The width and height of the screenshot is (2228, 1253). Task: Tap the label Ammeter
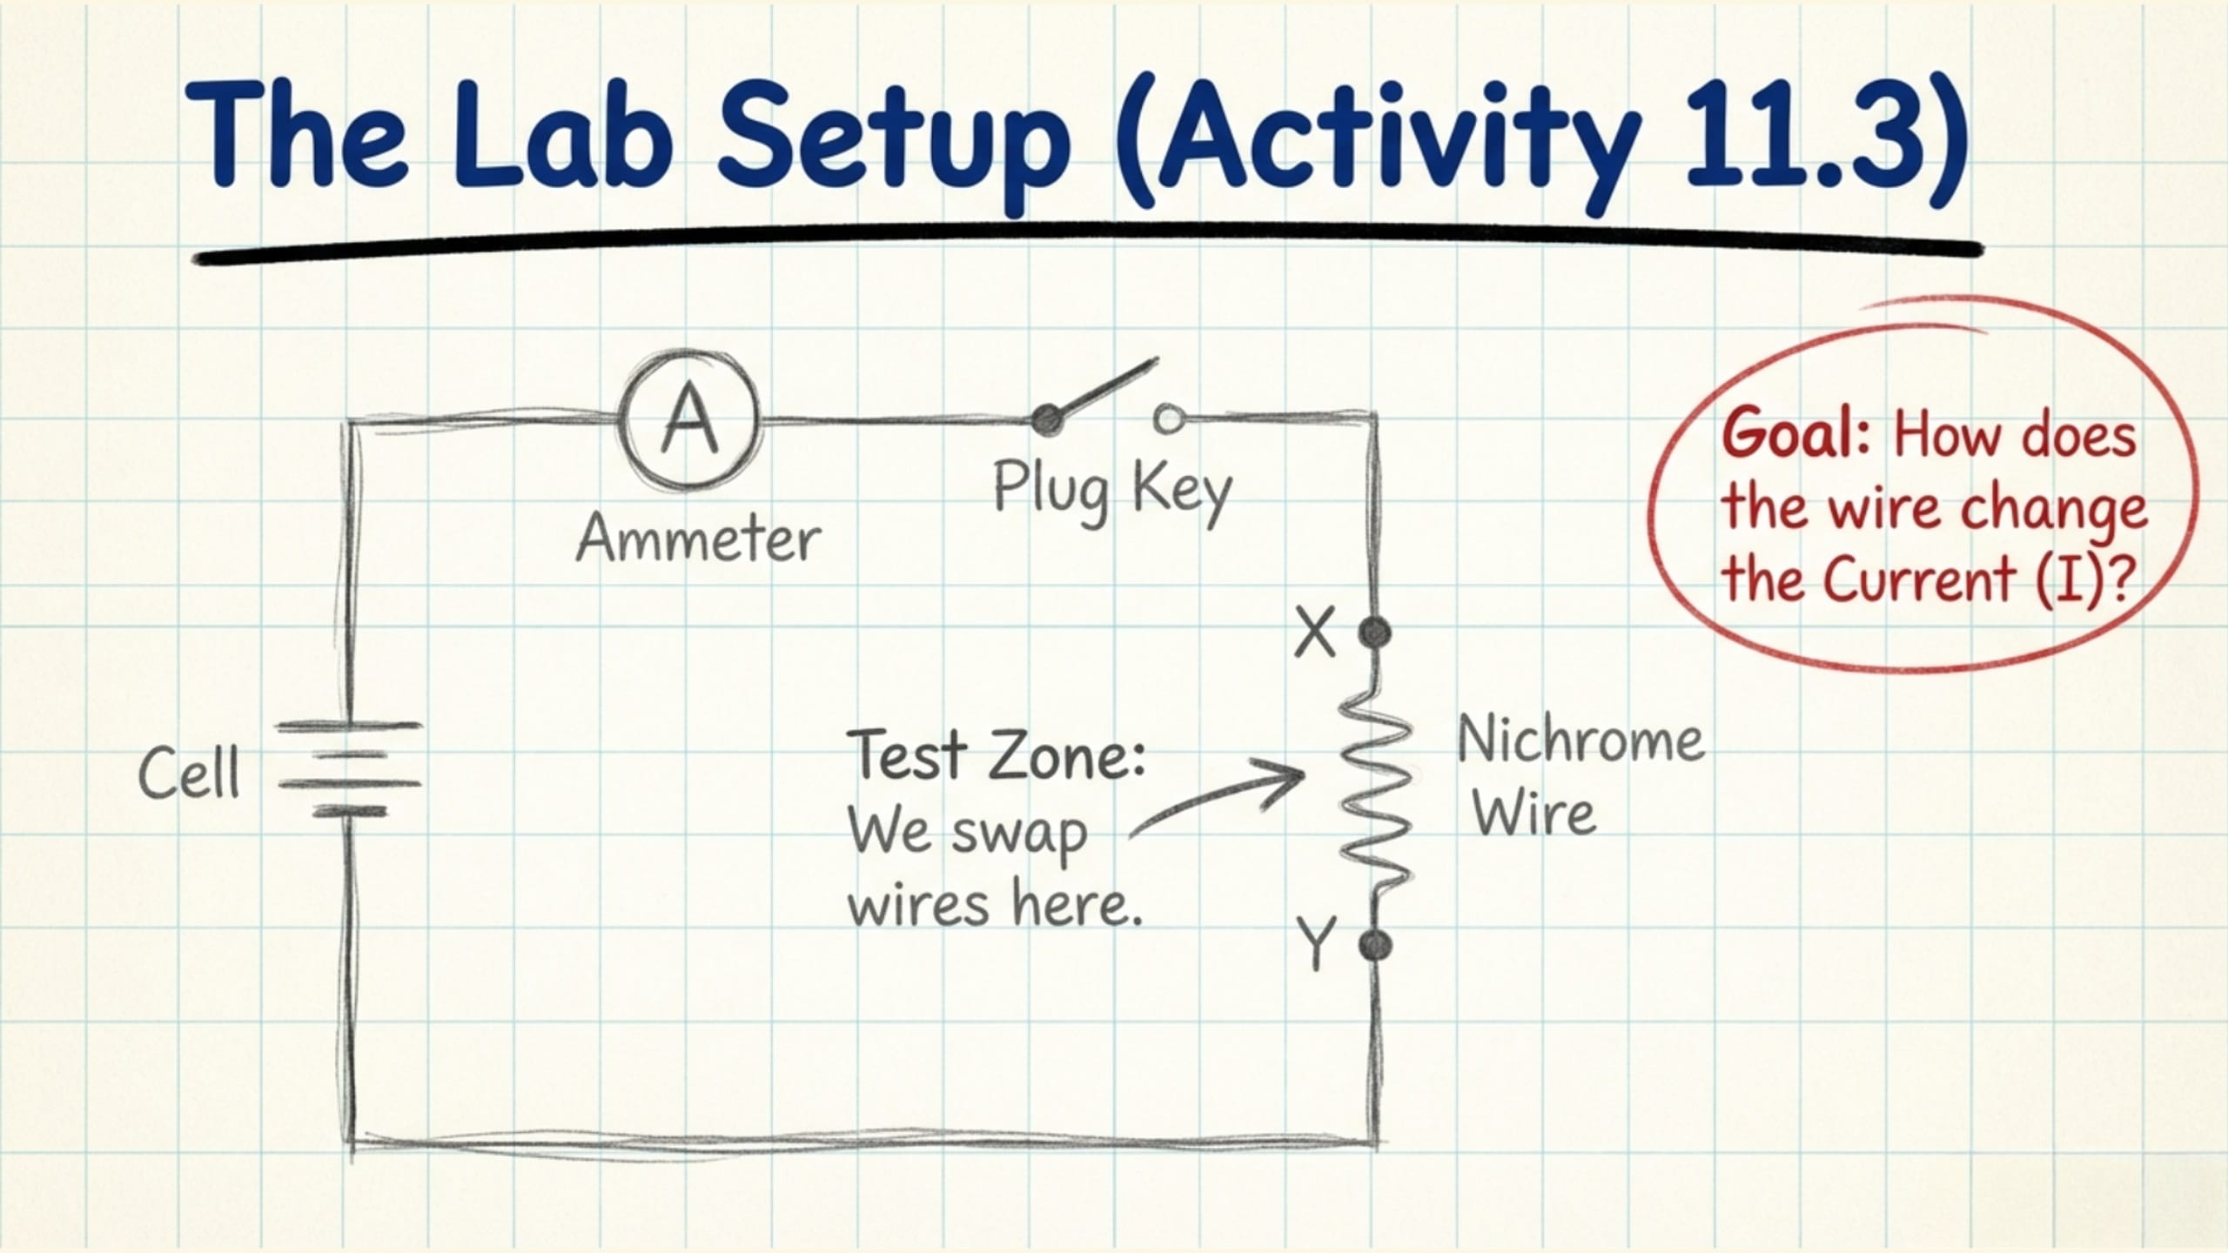[x=698, y=539]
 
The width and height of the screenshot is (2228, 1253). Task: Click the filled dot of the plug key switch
[x=1047, y=420]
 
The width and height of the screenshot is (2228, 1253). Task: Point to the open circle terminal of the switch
[x=1168, y=419]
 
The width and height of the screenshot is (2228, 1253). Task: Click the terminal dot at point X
[x=1374, y=633]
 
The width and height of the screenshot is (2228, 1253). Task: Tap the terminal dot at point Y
[x=1374, y=944]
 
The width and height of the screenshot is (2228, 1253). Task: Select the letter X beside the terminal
[x=1314, y=633]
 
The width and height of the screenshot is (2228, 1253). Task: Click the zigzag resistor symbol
[x=1376, y=787]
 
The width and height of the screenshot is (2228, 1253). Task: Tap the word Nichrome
[x=1580, y=740]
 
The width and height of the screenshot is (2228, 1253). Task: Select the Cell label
[x=189, y=774]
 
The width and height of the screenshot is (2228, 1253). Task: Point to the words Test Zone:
[x=997, y=754]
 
